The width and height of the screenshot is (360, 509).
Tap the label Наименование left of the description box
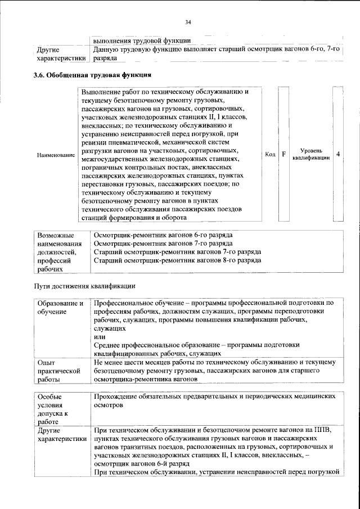click(x=55, y=155)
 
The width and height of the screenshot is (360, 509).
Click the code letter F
click(x=283, y=154)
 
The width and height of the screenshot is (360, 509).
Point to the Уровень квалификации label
click(x=310, y=155)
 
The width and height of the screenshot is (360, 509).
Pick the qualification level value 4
click(x=337, y=154)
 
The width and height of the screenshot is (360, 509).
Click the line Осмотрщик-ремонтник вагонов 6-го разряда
click(x=163, y=235)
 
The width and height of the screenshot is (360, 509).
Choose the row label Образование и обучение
click(x=60, y=307)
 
